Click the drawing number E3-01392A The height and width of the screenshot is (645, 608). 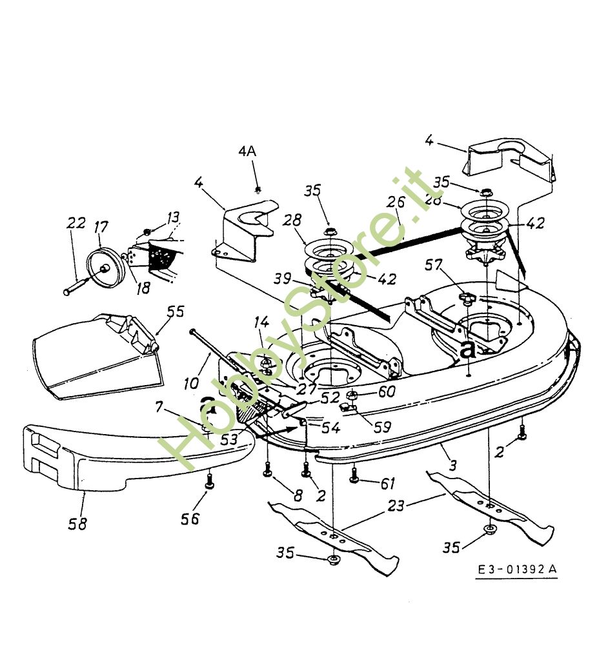517,570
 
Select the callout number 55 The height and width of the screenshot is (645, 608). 175,311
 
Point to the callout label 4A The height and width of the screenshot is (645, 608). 247,152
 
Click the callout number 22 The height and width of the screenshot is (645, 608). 76,224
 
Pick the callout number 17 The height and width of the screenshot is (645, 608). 101,227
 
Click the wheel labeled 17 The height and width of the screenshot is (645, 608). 103,263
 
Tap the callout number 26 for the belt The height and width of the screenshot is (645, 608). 396,202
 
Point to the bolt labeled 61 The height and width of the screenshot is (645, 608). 354,477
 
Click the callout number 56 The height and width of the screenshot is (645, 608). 191,518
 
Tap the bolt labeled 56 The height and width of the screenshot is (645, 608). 209,480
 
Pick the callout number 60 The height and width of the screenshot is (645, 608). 387,391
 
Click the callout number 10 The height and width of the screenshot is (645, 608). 192,383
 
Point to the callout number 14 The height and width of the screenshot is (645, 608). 261,321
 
